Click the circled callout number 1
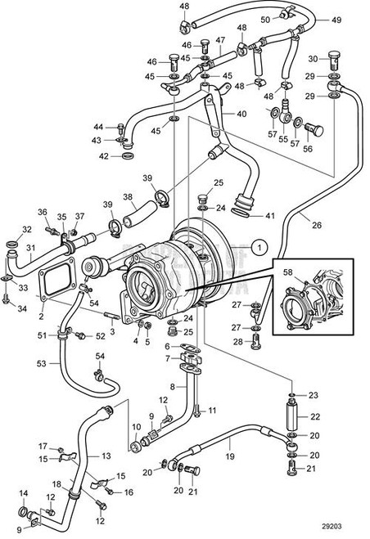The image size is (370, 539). (x=258, y=244)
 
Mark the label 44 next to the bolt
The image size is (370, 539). (x=98, y=127)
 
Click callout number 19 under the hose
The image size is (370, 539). (x=231, y=456)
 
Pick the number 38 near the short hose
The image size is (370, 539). (x=128, y=197)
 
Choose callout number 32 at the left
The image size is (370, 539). (x=26, y=229)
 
